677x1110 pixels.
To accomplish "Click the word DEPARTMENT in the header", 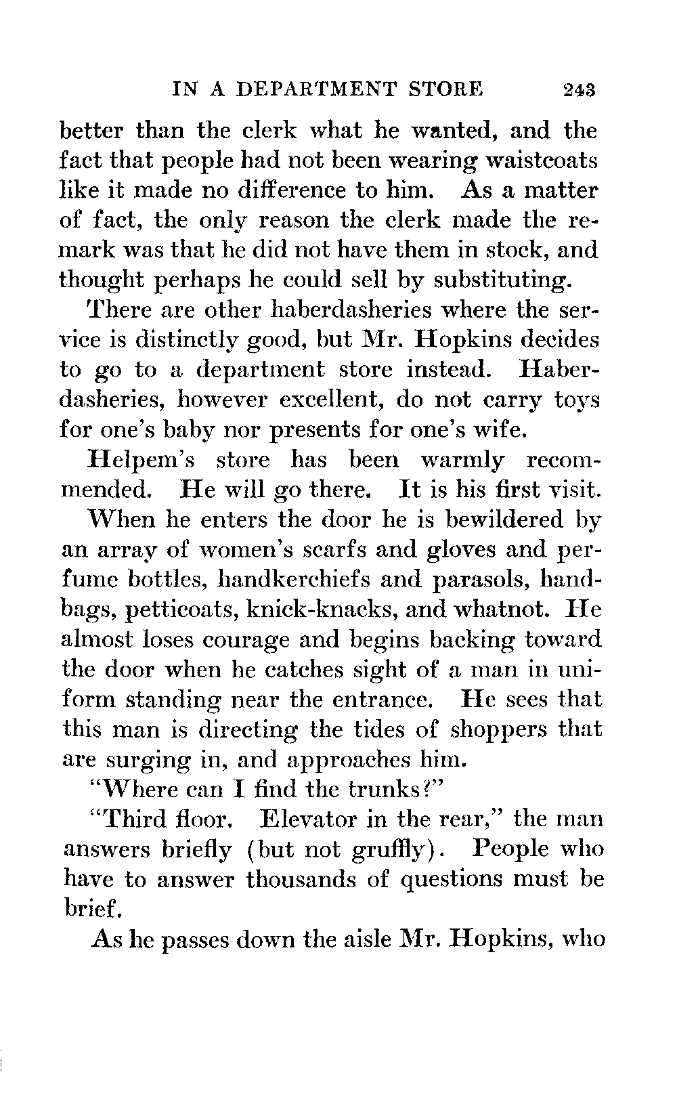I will (x=322, y=88).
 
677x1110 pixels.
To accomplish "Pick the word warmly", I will (x=462, y=460).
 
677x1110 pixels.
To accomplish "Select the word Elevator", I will (x=307, y=819).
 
